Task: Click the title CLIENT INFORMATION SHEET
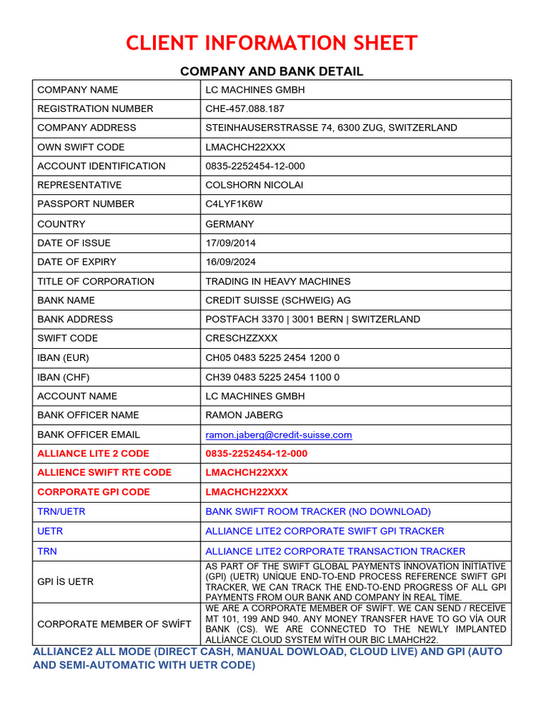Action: (271, 43)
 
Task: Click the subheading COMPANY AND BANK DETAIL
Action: (271, 71)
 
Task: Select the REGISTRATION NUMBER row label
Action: (95, 108)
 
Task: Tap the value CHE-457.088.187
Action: (245, 108)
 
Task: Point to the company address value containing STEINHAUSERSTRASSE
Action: (331, 128)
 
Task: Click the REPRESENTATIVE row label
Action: (79, 185)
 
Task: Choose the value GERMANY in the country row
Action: (229, 223)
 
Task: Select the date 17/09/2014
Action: (231, 242)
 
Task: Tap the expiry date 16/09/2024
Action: (231, 262)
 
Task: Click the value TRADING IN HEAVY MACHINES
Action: (278, 281)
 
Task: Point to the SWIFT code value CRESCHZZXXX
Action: (242, 338)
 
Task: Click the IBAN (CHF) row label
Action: (64, 376)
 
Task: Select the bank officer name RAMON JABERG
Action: (243, 415)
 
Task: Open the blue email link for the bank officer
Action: (278, 435)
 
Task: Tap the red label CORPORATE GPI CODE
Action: (93, 491)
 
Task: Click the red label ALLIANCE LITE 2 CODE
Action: (93, 453)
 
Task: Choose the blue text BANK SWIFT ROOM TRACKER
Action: (317, 511)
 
